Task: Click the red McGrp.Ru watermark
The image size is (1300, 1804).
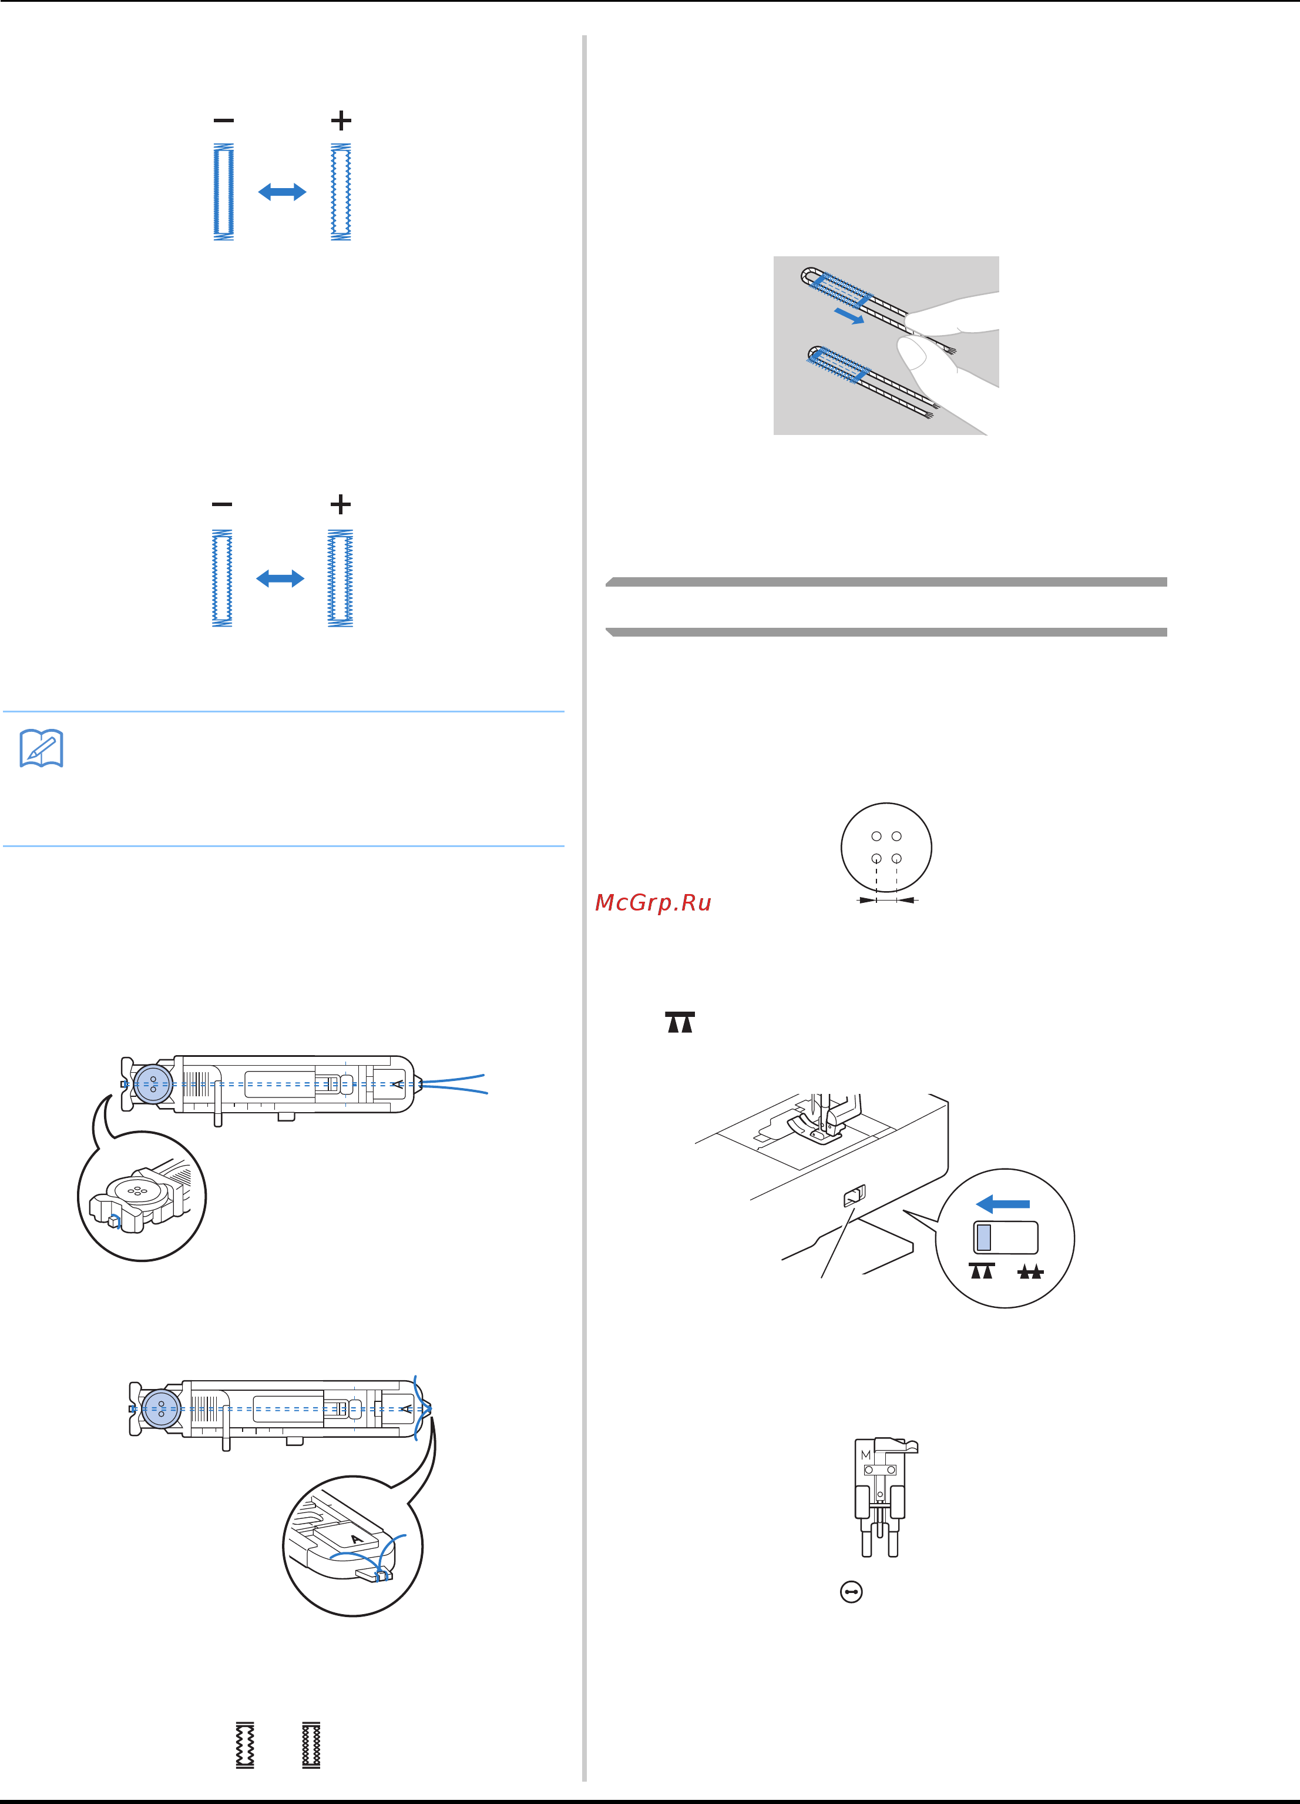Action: coord(653,903)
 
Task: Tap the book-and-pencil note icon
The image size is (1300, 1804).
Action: coord(41,748)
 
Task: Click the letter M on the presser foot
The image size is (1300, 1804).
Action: coord(866,1455)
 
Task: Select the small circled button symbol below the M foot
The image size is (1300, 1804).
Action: coord(851,1592)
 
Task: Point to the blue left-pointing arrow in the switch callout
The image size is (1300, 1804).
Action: coord(1003,1203)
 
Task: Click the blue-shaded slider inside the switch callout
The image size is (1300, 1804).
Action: coord(983,1238)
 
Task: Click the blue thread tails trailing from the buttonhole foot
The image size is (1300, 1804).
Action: coord(454,1083)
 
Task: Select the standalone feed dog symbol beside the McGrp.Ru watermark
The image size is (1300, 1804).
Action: coord(680,1022)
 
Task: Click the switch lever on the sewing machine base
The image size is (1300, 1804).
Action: coord(854,1196)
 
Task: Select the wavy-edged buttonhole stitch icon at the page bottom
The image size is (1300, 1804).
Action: coord(245,1745)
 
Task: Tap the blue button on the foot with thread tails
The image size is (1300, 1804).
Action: coord(153,1083)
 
